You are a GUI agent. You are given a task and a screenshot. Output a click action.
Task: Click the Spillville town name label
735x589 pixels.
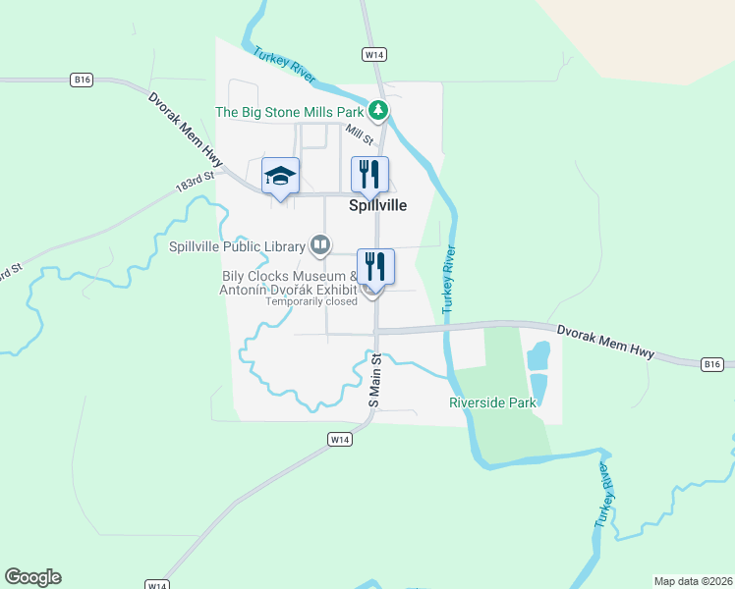tap(377, 206)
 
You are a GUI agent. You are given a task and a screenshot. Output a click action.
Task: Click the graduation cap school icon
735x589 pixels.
tap(280, 176)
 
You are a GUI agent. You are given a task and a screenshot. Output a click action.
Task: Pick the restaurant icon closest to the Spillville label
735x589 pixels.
tap(370, 175)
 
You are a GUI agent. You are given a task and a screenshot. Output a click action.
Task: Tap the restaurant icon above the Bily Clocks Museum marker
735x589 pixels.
tap(375, 265)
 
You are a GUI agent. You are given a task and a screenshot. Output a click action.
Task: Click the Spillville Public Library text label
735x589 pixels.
tap(237, 245)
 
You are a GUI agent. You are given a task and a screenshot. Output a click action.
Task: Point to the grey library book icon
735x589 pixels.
tap(319, 243)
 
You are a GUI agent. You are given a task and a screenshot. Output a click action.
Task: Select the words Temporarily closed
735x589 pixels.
tap(311, 301)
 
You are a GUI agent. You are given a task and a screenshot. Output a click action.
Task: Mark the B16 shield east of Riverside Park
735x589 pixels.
tap(713, 364)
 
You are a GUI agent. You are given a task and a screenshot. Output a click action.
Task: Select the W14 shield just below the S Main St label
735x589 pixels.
tap(339, 440)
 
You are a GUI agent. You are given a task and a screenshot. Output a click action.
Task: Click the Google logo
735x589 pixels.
tap(32, 577)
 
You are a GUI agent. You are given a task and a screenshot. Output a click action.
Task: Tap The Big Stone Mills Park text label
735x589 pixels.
tap(290, 113)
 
